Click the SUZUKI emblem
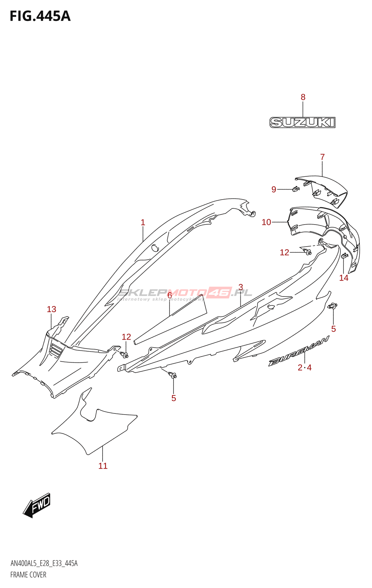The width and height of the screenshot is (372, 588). (303, 122)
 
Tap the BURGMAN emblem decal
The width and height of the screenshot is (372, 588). (298, 351)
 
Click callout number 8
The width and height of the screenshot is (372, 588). (303, 97)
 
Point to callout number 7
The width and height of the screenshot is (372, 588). (322, 157)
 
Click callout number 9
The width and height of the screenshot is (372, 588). (274, 189)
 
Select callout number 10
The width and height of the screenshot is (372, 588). (266, 222)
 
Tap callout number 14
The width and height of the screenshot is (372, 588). (344, 278)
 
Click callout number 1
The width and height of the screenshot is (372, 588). (143, 223)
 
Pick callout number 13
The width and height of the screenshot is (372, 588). (51, 309)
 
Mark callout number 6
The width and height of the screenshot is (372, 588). (169, 295)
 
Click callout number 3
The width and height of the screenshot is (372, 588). (240, 287)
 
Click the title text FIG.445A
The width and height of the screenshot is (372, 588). (40, 17)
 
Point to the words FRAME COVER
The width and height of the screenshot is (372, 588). (28, 575)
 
